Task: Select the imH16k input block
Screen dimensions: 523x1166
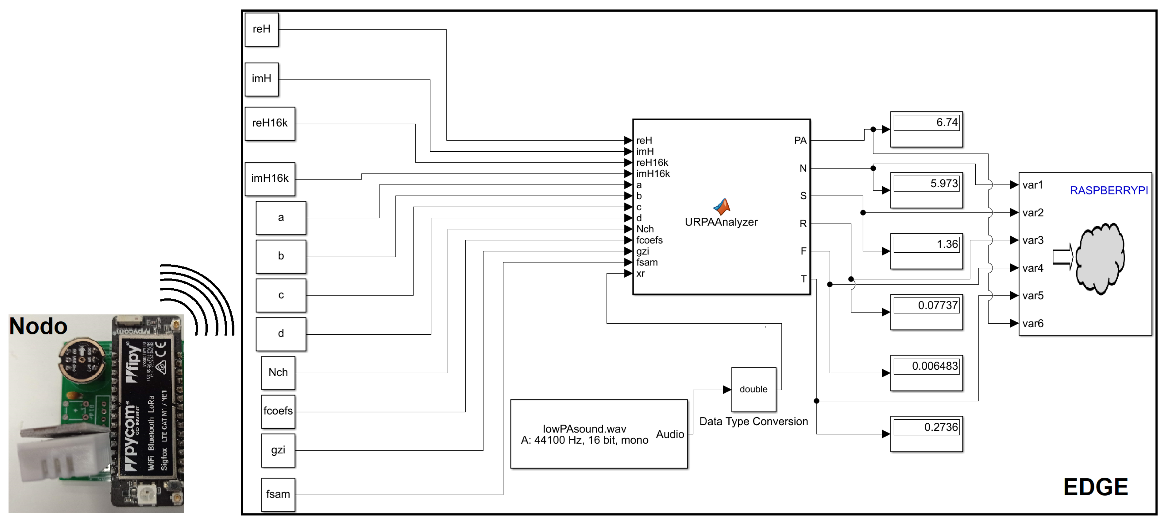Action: [x=270, y=179]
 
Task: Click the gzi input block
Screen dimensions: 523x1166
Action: [x=278, y=450]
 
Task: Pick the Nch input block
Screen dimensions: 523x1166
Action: [x=278, y=373]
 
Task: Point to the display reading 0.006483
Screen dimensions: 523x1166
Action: [x=926, y=367]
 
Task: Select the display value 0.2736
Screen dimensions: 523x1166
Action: [x=926, y=428]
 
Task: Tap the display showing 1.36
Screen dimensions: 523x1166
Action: [x=926, y=245]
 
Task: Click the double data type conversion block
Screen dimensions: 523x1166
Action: [x=753, y=389]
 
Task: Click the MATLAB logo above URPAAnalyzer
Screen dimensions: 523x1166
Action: [x=721, y=207]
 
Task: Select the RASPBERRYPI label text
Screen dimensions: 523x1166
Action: [x=1109, y=191]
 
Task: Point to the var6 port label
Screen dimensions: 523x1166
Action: [x=1032, y=324]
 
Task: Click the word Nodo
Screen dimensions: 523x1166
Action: [x=39, y=327]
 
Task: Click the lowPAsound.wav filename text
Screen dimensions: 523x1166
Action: [x=584, y=429]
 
